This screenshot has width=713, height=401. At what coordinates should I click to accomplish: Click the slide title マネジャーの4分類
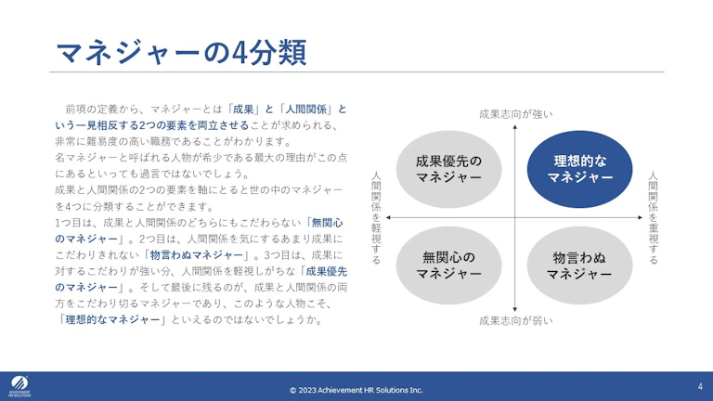pos(181,52)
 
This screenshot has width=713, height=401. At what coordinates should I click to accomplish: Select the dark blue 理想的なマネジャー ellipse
pos(579,169)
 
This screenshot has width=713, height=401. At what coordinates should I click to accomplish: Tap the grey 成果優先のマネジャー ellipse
pos(448,169)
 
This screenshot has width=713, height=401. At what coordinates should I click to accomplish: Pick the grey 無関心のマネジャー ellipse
pos(448,265)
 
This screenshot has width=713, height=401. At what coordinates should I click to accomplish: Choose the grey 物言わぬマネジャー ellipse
pos(579,265)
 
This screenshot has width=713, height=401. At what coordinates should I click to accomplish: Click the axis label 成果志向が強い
pos(515,114)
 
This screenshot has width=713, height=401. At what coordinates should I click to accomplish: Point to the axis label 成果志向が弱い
pos(515,321)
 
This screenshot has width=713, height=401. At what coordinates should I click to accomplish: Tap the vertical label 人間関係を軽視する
pos(377,218)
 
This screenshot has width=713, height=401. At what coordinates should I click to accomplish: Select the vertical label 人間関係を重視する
pos(653,218)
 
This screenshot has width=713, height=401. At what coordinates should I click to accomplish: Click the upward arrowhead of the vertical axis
pos(514,127)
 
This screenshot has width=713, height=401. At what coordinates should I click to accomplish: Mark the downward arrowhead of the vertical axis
pos(514,309)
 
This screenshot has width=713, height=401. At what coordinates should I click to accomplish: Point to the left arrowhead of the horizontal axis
pos(388,218)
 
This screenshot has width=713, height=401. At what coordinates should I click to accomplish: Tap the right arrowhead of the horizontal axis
pos(641,218)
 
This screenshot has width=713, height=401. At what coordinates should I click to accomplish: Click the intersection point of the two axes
pos(514,218)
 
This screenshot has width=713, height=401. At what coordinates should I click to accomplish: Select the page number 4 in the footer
pos(700,386)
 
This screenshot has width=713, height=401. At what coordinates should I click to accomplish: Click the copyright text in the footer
pos(356,390)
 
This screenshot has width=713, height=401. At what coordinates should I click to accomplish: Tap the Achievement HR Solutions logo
pos(19,386)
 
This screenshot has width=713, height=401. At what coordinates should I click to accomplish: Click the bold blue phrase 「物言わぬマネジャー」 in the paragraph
pos(197,255)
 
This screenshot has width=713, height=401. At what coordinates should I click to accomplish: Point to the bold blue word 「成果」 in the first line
pos(243,110)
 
